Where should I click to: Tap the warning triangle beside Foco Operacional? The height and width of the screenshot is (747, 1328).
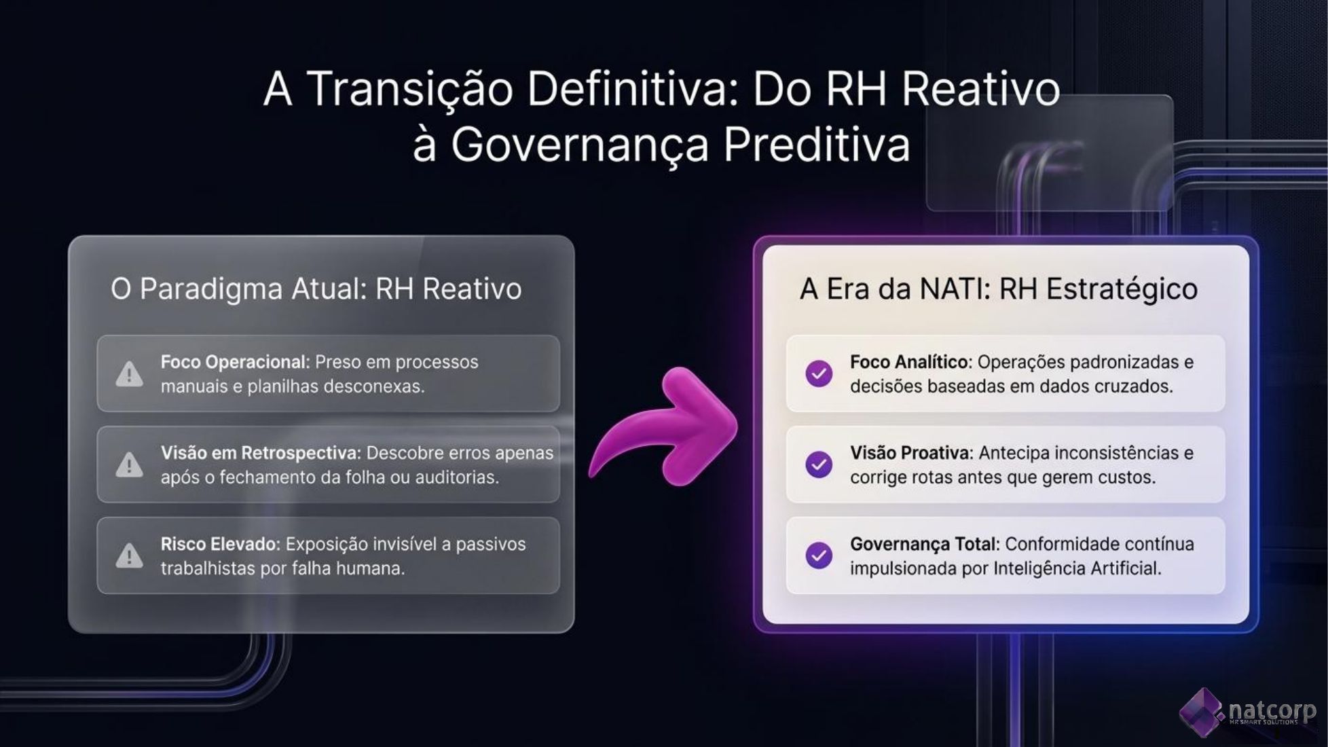point(129,373)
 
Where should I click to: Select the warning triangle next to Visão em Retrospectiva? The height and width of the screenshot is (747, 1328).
point(129,464)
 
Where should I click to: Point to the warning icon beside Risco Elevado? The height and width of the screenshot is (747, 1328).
point(129,555)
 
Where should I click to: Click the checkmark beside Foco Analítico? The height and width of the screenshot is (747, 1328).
point(819,373)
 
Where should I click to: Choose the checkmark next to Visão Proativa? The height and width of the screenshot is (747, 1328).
point(819,464)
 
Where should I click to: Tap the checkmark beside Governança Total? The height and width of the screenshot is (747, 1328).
point(819,555)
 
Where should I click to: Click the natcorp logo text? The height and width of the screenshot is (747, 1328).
point(1272,711)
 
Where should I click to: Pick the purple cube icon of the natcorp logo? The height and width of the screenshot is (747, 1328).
point(1202,712)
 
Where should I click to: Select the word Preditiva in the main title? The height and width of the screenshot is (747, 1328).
point(816,145)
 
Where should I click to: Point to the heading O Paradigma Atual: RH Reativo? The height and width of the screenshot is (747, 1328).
point(316,289)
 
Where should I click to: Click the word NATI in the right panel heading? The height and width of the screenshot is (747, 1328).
point(955,289)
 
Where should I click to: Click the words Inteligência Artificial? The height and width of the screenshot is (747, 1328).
point(1077,568)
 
